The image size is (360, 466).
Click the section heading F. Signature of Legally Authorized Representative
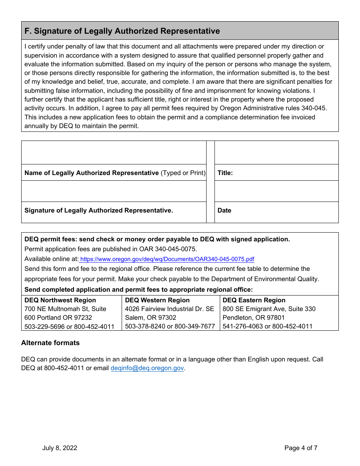point(122,31)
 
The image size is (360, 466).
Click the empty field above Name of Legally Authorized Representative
point(114,153)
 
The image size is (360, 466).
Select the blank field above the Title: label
point(276,153)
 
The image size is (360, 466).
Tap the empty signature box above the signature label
point(114,191)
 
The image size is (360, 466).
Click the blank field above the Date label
point(276,191)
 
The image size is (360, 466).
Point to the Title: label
point(225,173)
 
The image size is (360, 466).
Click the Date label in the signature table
point(224,210)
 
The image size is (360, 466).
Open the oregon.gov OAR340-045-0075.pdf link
point(167,260)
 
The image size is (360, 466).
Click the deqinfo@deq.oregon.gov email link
point(147,368)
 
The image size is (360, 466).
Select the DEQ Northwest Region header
point(60,300)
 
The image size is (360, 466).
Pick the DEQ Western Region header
point(157,300)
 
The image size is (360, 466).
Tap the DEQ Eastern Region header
point(254,300)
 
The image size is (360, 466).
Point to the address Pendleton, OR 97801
point(254,317)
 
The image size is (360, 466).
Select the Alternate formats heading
point(50,343)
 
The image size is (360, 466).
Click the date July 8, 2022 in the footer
point(59,448)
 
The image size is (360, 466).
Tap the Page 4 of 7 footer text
point(301,448)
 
